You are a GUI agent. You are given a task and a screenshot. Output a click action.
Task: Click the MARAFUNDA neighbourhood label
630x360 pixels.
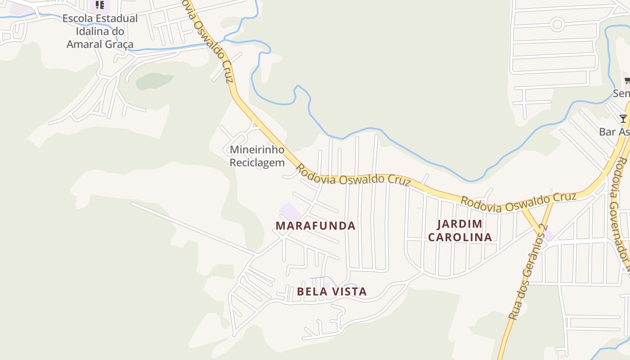[315, 226]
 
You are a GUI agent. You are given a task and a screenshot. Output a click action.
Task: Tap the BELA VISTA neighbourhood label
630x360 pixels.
[332, 292]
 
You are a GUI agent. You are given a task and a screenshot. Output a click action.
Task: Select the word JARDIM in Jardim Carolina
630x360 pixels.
[459, 224]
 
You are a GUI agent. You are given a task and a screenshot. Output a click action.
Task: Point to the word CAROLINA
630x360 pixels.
[459, 237]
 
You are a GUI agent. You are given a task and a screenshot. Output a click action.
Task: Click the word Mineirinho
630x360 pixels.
[257, 150]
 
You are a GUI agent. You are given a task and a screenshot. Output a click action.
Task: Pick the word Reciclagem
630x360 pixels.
[257, 162]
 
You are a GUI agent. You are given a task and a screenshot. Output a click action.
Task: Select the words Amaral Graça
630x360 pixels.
[100, 44]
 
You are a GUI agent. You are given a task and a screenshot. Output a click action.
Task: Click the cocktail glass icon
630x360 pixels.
[623, 119]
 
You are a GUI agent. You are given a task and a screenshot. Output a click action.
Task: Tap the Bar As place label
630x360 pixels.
[614, 132]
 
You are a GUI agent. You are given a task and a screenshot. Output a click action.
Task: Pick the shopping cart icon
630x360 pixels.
[627, 81]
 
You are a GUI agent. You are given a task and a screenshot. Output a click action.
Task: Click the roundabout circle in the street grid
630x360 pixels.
[557, 24]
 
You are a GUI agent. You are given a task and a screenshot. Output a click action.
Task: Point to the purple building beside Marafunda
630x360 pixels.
[290, 211]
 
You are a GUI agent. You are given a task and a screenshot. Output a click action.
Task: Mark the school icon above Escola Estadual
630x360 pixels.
[100, 5]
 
